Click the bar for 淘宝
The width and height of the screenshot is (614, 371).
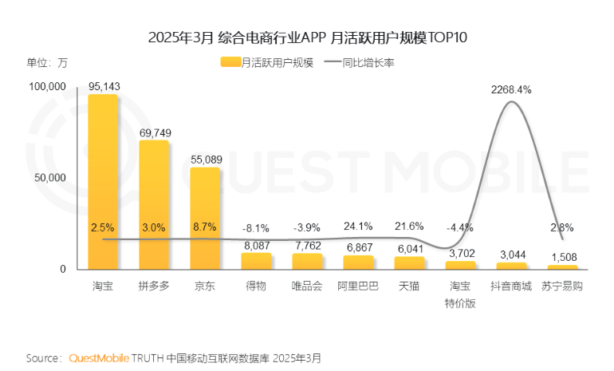pos(103,182)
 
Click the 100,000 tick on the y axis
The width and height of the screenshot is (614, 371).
pos(47,86)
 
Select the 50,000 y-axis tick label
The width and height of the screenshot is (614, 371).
pos(49,178)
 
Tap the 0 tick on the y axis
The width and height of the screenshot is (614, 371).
pos(62,270)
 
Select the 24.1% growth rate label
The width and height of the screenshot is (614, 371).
pos(359,226)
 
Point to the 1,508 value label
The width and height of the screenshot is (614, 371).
pos(562,257)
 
